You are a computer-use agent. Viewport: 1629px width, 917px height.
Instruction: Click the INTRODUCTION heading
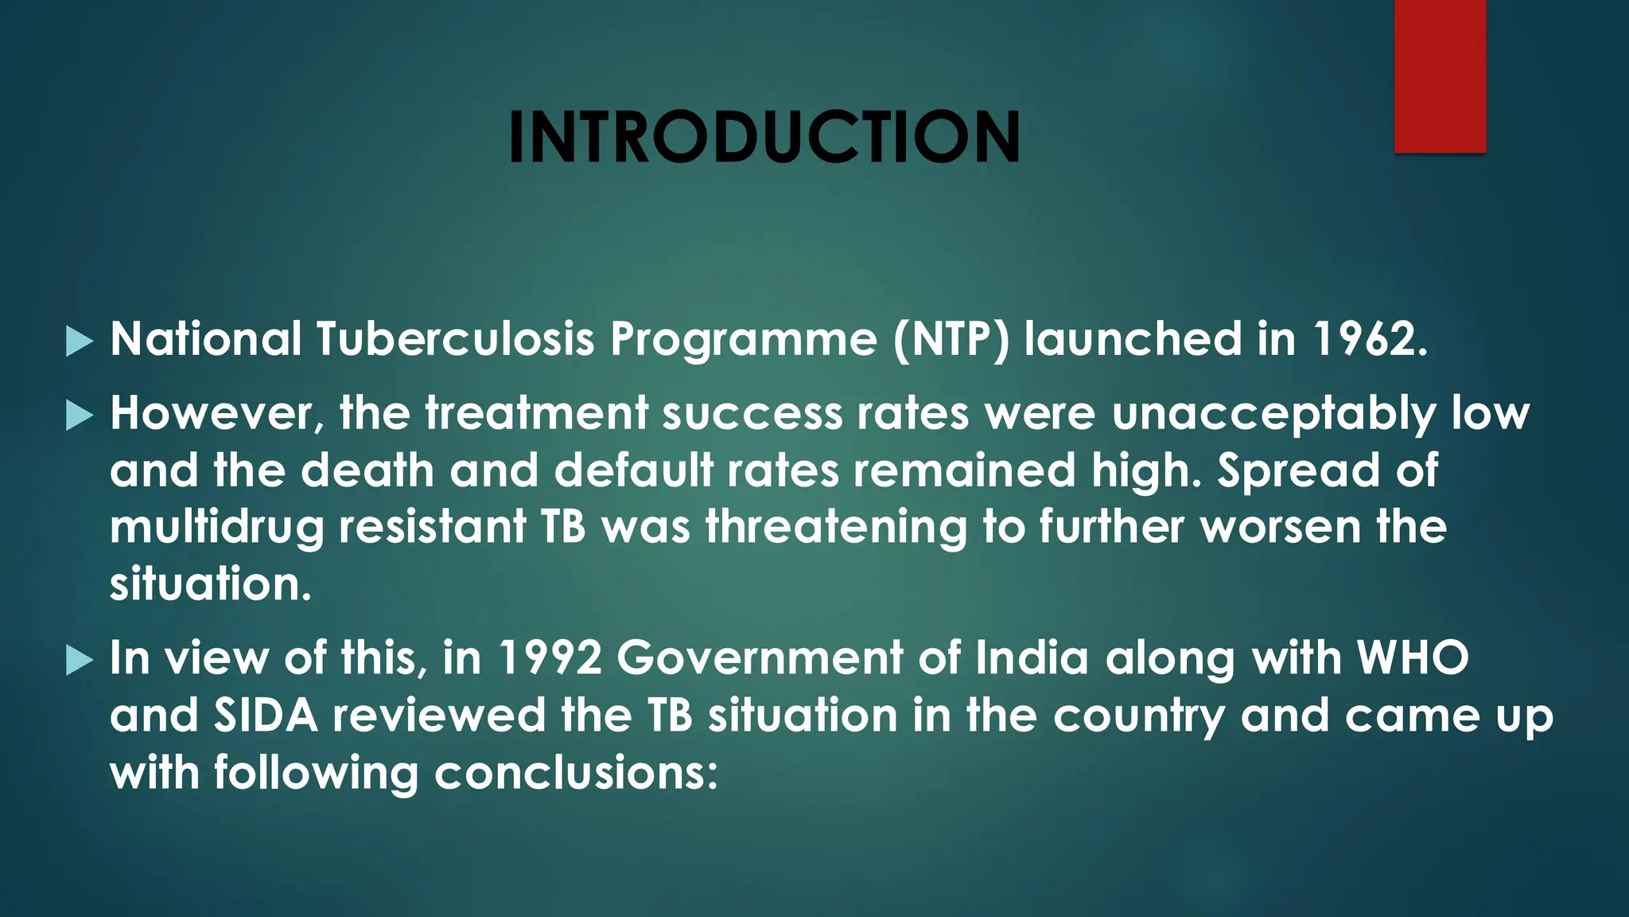[764, 137]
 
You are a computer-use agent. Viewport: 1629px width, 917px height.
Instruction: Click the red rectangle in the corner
[1440, 76]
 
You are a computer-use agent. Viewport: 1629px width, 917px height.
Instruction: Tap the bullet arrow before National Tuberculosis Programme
[80, 341]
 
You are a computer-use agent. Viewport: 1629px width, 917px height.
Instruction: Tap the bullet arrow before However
[80, 416]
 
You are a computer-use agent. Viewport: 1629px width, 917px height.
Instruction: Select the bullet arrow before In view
[80, 661]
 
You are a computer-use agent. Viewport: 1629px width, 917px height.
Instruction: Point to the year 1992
[550, 658]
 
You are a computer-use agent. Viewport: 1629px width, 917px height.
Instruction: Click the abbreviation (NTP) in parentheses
[951, 340]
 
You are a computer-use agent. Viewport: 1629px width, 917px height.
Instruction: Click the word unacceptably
[1273, 415]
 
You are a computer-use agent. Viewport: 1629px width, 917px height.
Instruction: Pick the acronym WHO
[1412, 658]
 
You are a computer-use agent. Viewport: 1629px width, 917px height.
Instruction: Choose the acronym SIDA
[266, 716]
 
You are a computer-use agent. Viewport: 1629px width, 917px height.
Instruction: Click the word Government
[760, 658]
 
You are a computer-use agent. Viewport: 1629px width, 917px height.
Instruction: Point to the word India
[1032, 658]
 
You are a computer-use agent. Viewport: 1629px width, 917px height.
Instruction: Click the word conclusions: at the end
[576, 773]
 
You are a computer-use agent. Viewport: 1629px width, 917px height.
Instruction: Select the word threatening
[836, 529]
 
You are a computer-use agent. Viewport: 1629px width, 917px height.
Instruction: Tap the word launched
[1133, 339]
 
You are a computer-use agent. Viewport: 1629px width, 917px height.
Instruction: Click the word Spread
[1299, 471]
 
